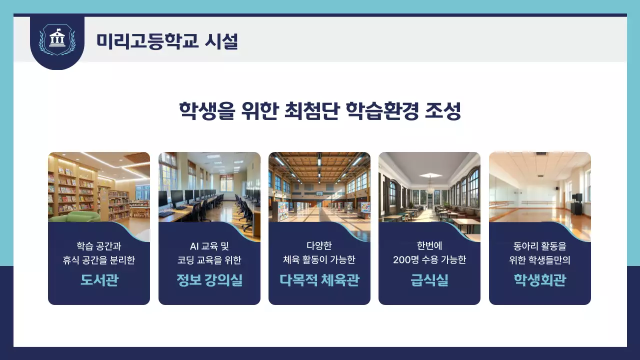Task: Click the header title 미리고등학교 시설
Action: tap(167, 41)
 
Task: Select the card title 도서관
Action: tap(99, 280)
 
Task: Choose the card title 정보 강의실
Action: tap(209, 280)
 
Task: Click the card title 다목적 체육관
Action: tap(319, 280)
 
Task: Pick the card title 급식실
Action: tap(429, 280)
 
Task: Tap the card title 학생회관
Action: tap(539, 280)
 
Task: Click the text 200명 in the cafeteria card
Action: tap(405, 260)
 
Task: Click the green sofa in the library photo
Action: tap(80, 216)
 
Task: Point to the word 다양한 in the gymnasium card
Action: tap(319, 246)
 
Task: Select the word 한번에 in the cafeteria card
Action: tap(429, 246)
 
